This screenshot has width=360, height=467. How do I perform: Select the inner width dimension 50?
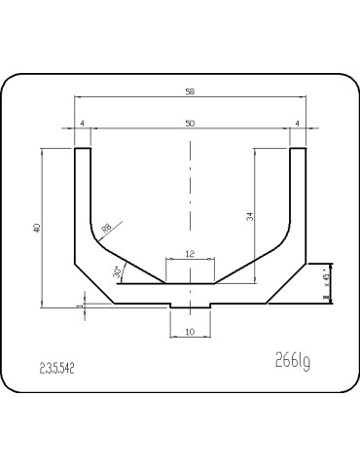(190, 123)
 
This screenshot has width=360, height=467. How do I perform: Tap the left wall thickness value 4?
(84, 123)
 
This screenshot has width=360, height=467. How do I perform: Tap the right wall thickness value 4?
(297, 123)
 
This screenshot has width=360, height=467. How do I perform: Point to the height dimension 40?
(36, 228)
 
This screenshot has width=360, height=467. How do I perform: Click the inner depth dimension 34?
(249, 216)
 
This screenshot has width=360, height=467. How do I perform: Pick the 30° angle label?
(118, 273)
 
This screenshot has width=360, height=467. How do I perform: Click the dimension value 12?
(190, 253)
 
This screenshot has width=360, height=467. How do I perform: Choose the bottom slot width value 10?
(190, 333)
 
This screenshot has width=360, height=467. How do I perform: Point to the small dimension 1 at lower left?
(79, 305)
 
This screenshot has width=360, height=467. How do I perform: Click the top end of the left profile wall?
(84, 149)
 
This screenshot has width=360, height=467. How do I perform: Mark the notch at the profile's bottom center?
(190, 306)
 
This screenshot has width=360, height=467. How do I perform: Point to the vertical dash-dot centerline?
(191, 195)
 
